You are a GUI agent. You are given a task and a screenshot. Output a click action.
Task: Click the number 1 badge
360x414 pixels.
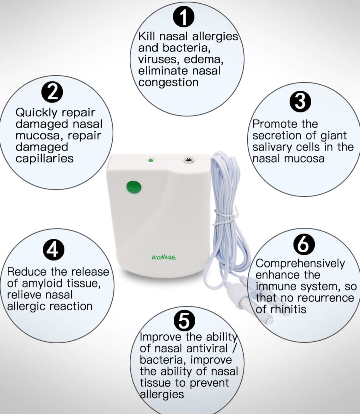tap(184, 18)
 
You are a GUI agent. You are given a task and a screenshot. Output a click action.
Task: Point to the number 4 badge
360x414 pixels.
tap(53, 250)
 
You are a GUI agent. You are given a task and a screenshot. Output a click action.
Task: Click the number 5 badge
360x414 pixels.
tap(184, 321)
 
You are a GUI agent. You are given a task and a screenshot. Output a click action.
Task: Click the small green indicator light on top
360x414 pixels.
tap(150, 160)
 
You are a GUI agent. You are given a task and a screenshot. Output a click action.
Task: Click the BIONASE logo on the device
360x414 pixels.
tap(164, 257)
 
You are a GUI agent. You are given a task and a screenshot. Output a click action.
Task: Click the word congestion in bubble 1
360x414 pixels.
tap(168, 82)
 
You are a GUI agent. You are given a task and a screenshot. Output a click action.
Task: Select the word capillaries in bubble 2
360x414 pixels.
tap(44, 158)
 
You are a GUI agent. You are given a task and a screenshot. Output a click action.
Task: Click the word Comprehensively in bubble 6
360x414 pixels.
tap(300, 264)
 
